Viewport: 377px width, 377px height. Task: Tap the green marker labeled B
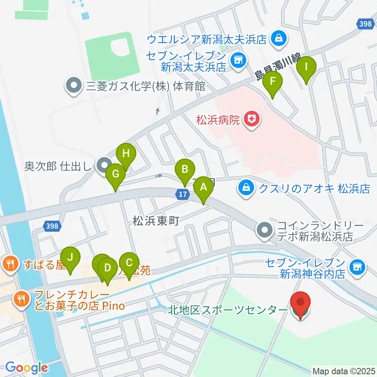[184, 170]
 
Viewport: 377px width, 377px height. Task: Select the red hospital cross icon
[251, 119]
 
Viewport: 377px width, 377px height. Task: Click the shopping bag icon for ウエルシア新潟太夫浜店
[279, 39]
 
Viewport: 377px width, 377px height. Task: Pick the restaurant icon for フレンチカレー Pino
[20, 299]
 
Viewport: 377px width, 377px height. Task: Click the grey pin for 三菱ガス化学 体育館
[73, 86]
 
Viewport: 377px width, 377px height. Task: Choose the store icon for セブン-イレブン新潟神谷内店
[357, 268]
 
